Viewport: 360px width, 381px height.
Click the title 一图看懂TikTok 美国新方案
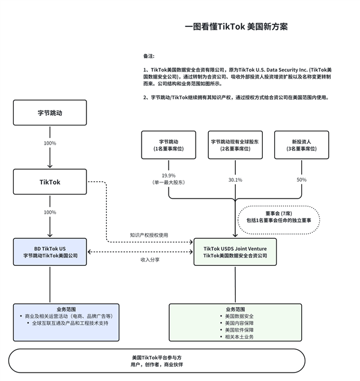pos(236,27)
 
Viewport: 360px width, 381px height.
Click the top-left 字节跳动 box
pos(50,113)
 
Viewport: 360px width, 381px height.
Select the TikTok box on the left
pos(50,182)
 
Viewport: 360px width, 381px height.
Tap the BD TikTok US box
pos(50,252)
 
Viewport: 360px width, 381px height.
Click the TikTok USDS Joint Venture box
pos(235,252)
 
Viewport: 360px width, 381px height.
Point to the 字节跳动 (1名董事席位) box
pos(169,144)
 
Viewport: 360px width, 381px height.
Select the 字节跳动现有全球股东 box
pos(235,144)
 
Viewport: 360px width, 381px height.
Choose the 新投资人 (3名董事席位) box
pos(302,144)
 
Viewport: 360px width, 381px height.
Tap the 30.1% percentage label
pos(235,179)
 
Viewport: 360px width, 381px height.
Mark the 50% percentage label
pos(301,179)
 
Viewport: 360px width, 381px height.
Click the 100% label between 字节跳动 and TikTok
pos(50,143)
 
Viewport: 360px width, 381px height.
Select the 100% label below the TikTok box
pos(50,212)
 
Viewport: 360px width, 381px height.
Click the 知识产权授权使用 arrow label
pos(149,235)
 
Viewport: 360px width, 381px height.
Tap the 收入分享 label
pos(149,260)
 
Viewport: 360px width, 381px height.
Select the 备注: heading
pos(149,56)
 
